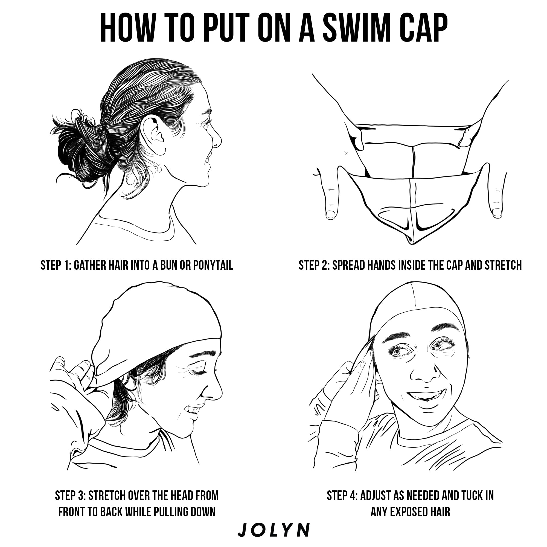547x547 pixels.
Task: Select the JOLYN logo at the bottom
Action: tap(273, 529)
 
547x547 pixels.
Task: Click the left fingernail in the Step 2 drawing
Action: tap(330, 214)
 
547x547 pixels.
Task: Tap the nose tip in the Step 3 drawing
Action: tap(219, 394)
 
